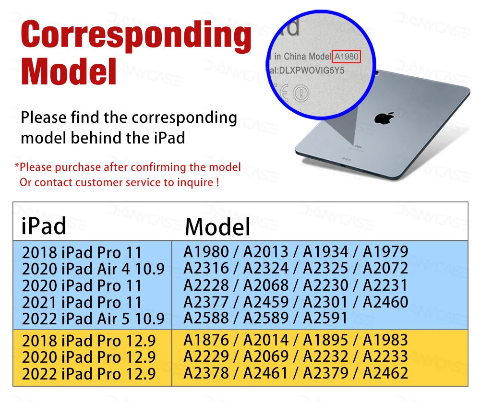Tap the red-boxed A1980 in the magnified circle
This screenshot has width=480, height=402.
pyautogui.click(x=346, y=57)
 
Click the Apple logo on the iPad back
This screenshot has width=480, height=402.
pyautogui.click(x=384, y=118)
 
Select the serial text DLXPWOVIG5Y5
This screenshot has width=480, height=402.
pyautogui.click(x=312, y=71)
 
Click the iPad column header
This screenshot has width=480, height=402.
pyautogui.click(x=44, y=226)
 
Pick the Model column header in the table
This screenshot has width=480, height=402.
pyautogui.click(x=217, y=227)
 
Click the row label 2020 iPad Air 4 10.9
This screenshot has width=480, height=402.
pyautogui.click(x=94, y=269)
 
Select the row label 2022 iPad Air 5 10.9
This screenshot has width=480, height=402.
pyautogui.click(x=94, y=319)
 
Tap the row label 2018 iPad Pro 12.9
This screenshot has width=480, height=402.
pyautogui.click(x=89, y=341)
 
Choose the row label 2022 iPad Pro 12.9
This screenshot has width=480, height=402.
pyautogui.click(x=89, y=374)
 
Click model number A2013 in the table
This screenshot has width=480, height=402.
pyautogui.click(x=266, y=252)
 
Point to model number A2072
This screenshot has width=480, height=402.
pyautogui.click(x=385, y=268)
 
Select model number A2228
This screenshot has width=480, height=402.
pyautogui.click(x=206, y=285)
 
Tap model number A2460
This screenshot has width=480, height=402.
pyautogui.click(x=385, y=302)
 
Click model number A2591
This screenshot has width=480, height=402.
pyautogui.click(x=325, y=318)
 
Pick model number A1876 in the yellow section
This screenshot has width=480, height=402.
pyautogui.click(x=206, y=340)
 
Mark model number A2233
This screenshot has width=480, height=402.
pyautogui.click(x=385, y=357)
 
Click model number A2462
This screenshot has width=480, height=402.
pyautogui.click(x=385, y=373)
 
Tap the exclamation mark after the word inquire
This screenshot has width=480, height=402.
pyautogui.click(x=217, y=182)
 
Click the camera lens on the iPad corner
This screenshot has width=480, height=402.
pyautogui.click(x=376, y=73)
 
